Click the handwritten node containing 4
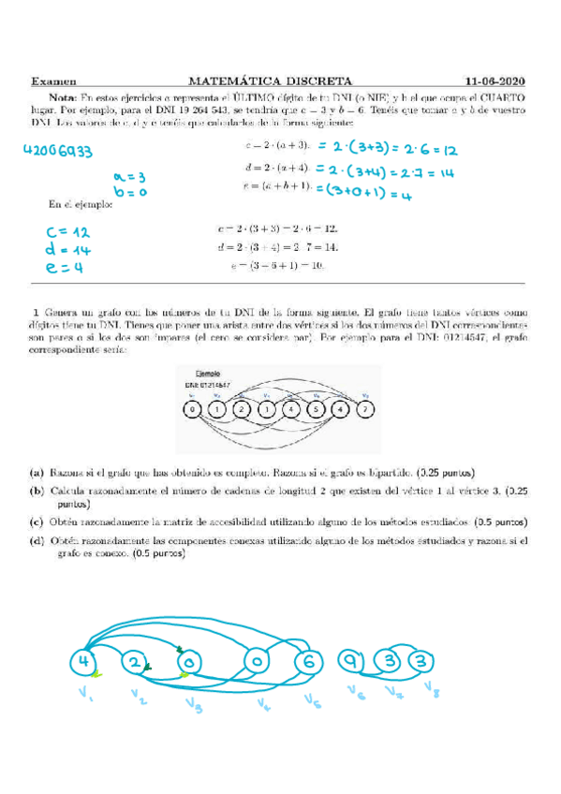[x=85, y=663]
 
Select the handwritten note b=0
[x=125, y=192]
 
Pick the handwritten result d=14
[x=65, y=250]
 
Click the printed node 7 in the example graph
[x=366, y=409]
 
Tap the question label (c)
[x=37, y=522]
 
